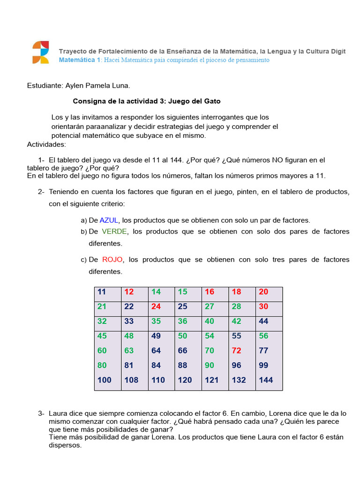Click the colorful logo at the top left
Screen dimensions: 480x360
pyautogui.click(x=40, y=52)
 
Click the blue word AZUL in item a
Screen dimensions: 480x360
pyautogui.click(x=109, y=220)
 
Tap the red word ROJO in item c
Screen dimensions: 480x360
pyautogui.click(x=113, y=259)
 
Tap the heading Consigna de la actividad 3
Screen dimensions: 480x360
pyautogui.click(x=147, y=101)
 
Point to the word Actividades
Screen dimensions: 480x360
pyautogui.click(x=46, y=144)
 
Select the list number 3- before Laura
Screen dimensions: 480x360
pyautogui.click(x=41, y=413)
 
